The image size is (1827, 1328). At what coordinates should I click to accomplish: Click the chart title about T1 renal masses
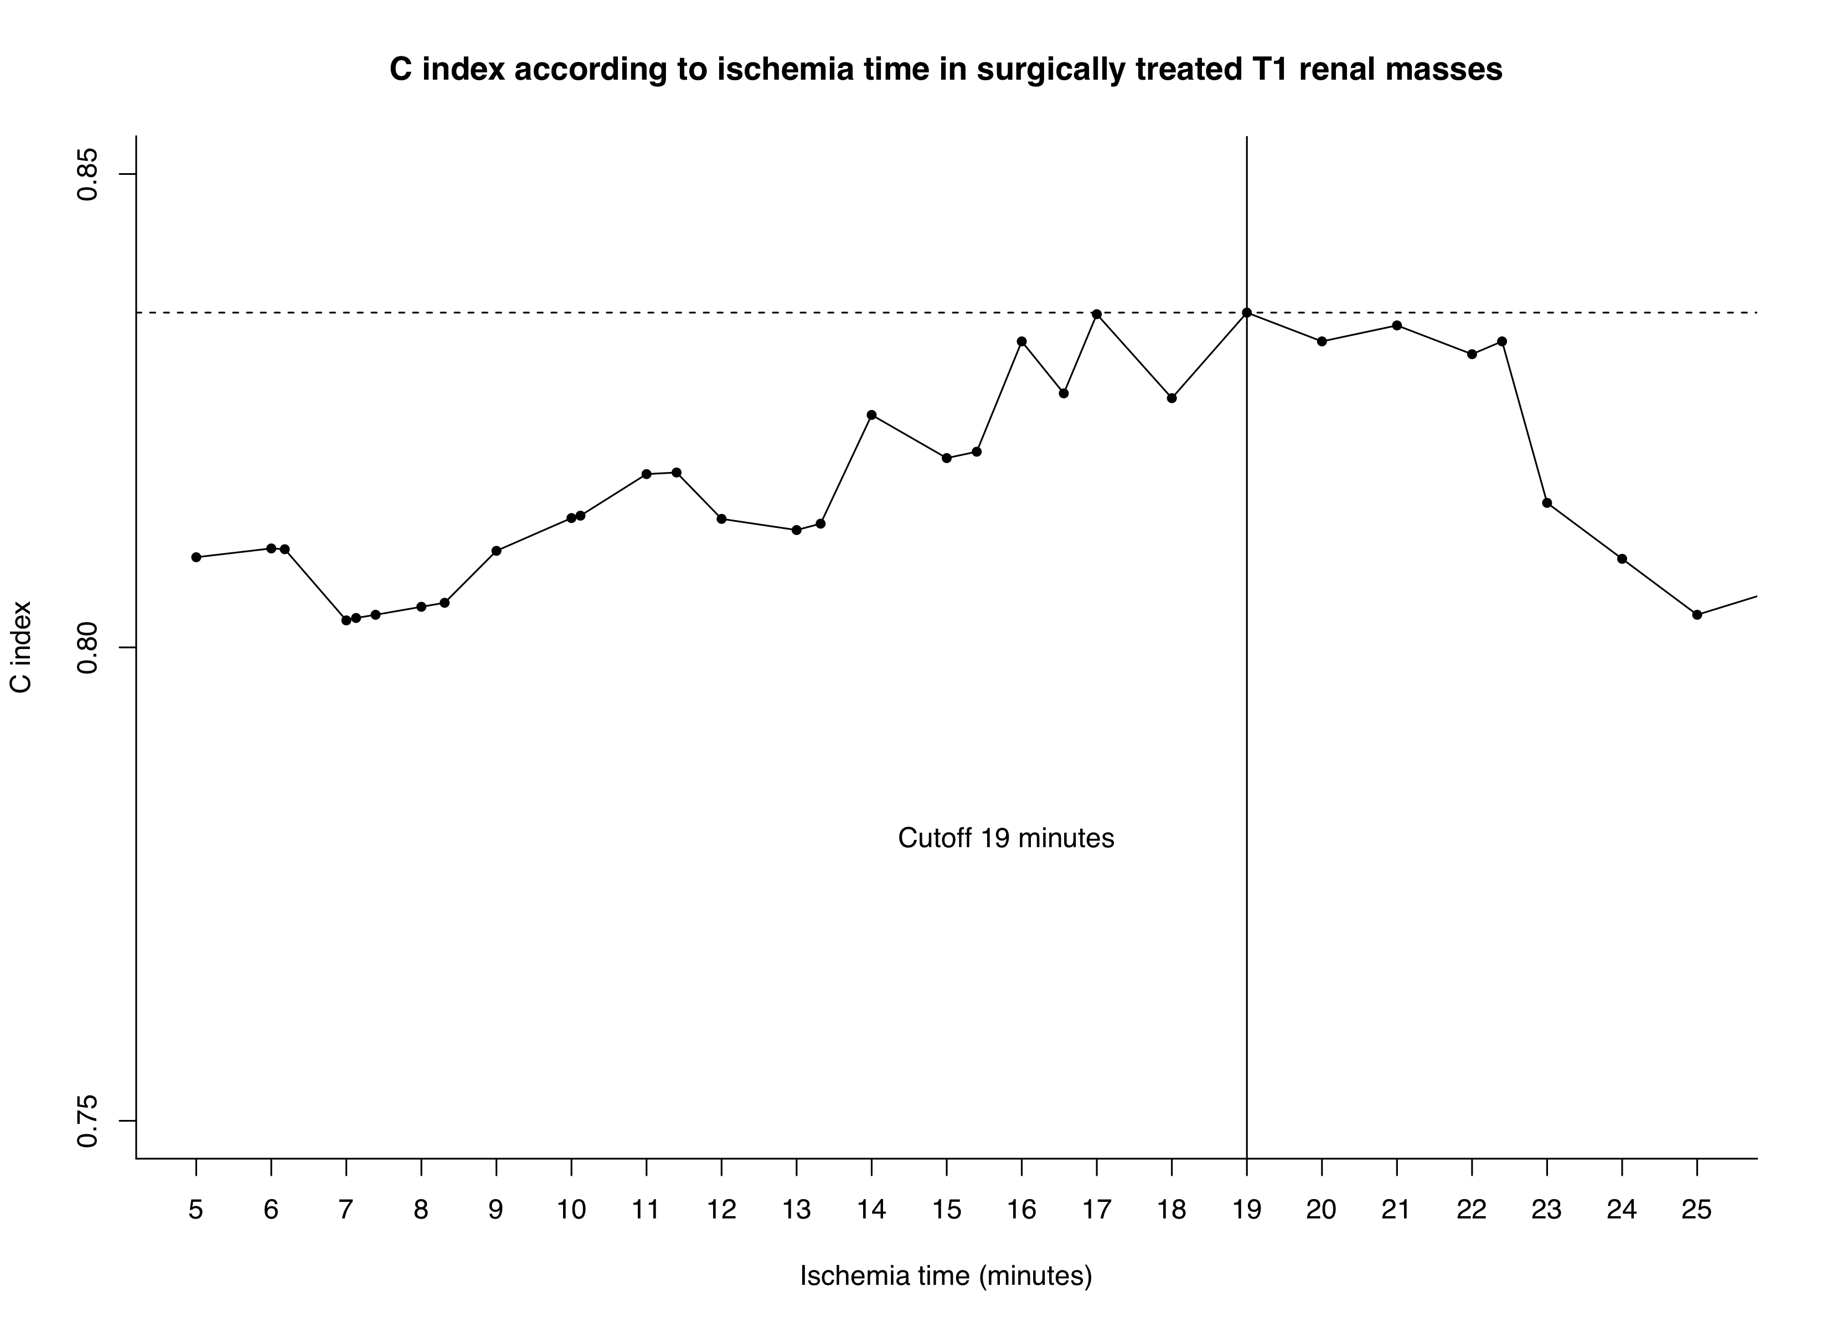(946, 69)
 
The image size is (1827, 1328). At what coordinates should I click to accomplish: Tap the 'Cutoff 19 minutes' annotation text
(1006, 838)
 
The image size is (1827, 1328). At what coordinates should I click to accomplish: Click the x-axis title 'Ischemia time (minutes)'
(946, 1275)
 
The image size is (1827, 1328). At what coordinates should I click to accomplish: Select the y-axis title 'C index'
(22, 647)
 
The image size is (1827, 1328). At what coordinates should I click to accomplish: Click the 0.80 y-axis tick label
(86, 647)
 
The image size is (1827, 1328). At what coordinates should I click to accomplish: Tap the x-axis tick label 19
(1247, 1210)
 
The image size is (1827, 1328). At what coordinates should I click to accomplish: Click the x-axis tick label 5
(196, 1210)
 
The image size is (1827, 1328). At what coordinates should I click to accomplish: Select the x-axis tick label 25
(1696, 1210)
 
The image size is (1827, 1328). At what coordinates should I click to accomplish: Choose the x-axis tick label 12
(721, 1210)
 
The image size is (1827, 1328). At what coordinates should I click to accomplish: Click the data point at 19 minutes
(1247, 313)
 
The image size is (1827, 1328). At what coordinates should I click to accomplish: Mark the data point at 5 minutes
(196, 557)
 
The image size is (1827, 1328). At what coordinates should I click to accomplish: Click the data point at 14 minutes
(871, 415)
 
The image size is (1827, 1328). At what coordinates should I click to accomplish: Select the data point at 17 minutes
(1096, 314)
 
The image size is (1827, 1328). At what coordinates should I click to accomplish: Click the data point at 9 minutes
(496, 551)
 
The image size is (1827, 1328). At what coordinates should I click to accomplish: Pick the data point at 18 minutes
(1172, 398)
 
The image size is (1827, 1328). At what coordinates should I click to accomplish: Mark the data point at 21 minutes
(1397, 325)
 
